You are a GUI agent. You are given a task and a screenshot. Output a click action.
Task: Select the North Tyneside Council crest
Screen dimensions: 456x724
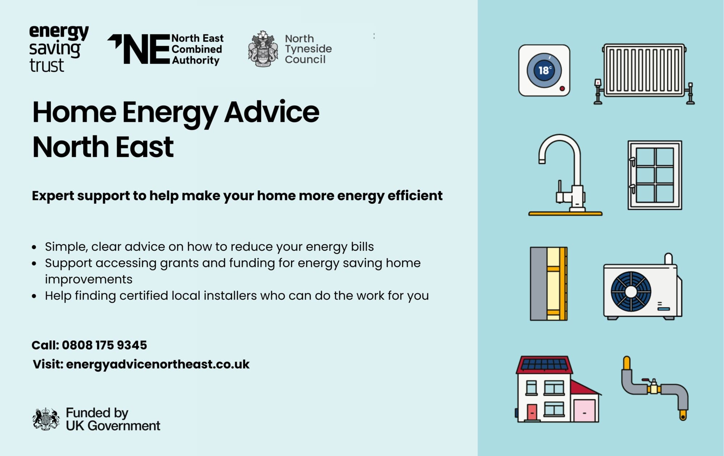pos(263,49)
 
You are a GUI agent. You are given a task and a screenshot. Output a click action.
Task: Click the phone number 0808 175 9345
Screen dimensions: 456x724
pos(104,345)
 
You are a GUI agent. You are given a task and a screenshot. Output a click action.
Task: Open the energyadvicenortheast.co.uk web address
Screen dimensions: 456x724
pos(158,364)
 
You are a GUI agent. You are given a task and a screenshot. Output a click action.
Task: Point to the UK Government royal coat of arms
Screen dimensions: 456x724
pos(46,419)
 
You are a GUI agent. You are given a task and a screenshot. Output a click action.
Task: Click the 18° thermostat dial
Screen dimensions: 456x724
pos(544,70)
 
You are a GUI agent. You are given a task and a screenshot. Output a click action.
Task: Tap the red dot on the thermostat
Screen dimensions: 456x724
pos(562,88)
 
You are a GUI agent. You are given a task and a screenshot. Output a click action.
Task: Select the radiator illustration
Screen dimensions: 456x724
pos(644,71)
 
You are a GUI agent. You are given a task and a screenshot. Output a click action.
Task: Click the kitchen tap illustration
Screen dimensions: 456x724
pos(565,174)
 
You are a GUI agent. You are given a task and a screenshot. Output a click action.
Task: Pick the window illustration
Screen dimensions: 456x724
pos(654,175)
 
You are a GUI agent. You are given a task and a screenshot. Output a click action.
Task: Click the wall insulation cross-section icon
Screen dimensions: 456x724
pos(548,284)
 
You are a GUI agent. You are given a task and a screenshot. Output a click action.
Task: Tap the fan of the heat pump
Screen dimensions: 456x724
pos(631,291)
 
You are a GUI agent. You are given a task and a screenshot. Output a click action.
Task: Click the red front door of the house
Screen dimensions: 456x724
pos(532,412)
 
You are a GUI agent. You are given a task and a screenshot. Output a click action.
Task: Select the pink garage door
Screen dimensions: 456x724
pos(584,411)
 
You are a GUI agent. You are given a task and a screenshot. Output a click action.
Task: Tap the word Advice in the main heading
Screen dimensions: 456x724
pos(271,112)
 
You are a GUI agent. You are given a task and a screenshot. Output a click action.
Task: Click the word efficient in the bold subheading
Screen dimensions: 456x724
pos(415,196)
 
